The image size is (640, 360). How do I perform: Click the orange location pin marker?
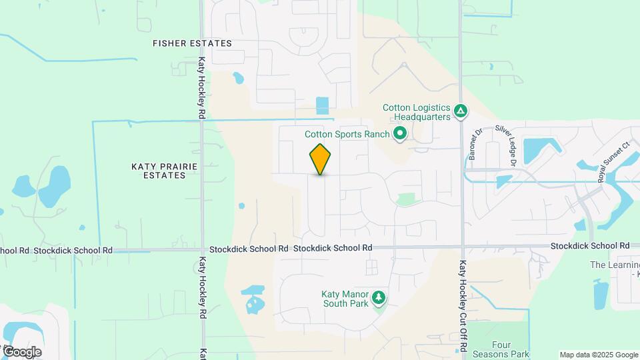(321, 159)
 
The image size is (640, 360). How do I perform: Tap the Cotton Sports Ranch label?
(347, 134)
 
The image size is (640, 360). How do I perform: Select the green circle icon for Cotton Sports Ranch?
(400, 134)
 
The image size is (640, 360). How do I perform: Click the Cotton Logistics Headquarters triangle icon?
(460, 111)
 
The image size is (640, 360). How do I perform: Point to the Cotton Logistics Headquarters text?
(417, 111)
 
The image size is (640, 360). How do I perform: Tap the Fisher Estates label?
(192, 43)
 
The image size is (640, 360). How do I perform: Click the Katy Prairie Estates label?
(159, 169)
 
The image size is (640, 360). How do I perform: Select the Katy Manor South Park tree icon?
(379, 297)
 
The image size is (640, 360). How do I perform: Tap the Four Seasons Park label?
(500, 349)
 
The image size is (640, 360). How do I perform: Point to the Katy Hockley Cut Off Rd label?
(461, 307)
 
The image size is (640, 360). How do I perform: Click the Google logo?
(21, 352)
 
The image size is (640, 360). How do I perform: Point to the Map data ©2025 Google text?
(598, 355)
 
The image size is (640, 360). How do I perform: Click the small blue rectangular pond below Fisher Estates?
(323, 105)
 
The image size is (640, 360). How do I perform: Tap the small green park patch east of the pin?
(405, 199)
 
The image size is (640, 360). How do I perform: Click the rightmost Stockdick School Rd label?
(590, 246)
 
